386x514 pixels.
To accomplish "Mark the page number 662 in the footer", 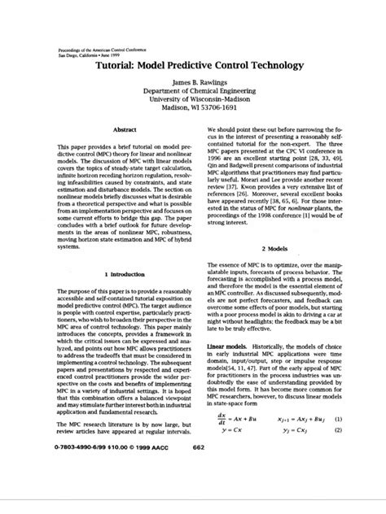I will click(198, 492).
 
